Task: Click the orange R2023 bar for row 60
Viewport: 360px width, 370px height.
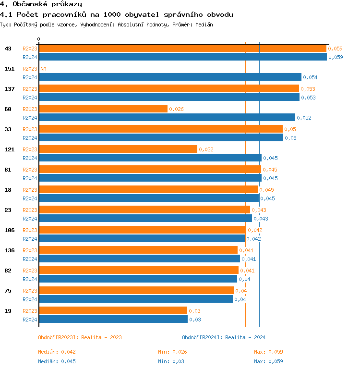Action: (x=103, y=109)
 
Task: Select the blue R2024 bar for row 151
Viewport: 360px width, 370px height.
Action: (x=170, y=77)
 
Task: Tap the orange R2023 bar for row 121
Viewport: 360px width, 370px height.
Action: (x=118, y=149)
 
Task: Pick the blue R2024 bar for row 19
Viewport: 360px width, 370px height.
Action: (x=113, y=319)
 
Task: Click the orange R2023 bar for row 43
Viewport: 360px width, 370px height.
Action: (x=182, y=49)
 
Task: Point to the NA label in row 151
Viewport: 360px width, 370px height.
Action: (x=43, y=69)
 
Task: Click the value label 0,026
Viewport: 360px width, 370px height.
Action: (x=176, y=109)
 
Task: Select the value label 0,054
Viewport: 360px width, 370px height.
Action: (x=310, y=77)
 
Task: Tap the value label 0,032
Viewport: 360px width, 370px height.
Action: (x=206, y=149)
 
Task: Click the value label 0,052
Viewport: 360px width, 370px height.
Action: (x=304, y=118)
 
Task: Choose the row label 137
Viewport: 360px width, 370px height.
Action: (x=10, y=89)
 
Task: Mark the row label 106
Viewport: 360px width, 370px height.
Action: (x=10, y=230)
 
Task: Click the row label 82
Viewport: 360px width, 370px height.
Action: (x=8, y=271)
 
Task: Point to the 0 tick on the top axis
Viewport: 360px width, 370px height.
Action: (x=39, y=39)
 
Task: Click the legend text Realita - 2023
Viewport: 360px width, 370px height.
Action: (x=101, y=337)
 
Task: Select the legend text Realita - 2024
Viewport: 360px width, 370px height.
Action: (x=245, y=337)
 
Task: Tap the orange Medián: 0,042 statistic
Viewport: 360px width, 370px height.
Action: (x=57, y=352)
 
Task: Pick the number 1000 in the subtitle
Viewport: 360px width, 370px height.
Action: (x=112, y=14)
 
